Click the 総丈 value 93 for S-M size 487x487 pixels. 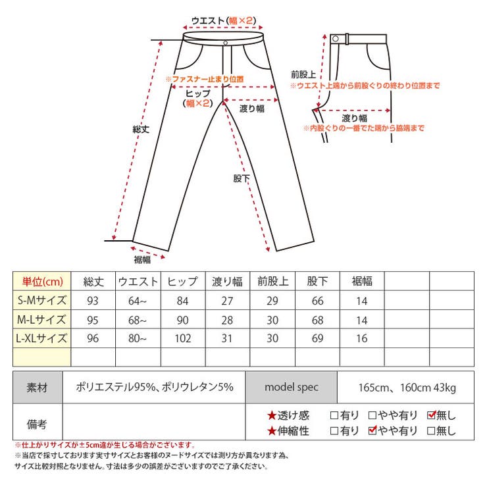93,301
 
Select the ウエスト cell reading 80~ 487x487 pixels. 138,338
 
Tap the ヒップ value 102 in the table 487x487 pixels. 183,338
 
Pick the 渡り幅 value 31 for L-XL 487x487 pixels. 227,338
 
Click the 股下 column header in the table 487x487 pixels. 317,282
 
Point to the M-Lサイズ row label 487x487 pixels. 41,320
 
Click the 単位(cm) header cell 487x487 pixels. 42,282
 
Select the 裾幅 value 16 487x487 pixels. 362,338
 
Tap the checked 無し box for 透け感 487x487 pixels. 432,415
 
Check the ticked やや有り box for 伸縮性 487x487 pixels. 372,430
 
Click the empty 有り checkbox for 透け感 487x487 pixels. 334,415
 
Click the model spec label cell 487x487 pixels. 292,387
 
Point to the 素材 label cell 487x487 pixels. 37,388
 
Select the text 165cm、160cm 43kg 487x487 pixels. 407,388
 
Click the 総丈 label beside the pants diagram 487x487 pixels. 141,129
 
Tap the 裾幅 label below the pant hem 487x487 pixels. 142,260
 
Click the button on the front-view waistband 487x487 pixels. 226,43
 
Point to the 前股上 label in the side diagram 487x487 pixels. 303,74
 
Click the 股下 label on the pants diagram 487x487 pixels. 242,178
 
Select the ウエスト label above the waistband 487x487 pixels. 208,21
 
